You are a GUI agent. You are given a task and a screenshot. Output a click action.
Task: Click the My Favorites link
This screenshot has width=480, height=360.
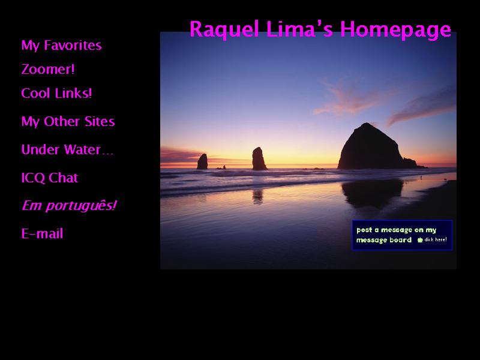(x=61, y=46)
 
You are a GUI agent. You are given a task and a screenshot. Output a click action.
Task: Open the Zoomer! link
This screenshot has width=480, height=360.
(x=48, y=69)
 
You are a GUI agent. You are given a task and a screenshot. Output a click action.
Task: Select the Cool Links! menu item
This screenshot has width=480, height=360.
(x=56, y=93)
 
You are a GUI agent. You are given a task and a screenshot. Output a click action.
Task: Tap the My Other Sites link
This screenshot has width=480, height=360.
(x=68, y=121)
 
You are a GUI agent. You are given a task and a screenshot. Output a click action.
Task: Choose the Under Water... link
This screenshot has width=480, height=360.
(x=67, y=149)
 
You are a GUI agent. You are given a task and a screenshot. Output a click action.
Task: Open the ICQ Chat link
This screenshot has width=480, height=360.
(x=50, y=178)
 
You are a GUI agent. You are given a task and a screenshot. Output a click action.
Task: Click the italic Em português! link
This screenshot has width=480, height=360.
(x=69, y=206)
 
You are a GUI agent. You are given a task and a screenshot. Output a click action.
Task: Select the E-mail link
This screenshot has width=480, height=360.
(x=42, y=233)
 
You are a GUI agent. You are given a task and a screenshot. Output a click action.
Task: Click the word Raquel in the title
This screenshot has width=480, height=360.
(x=224, y=29)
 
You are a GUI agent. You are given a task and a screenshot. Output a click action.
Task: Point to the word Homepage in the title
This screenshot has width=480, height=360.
(x=395, y=29)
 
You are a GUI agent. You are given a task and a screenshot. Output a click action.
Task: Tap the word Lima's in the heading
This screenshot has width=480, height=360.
(x=299, y=29)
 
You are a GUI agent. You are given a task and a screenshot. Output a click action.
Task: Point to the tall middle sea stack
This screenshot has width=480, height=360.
(x=259, y=158)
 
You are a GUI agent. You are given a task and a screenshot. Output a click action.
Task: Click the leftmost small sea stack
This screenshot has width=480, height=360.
(x=202, y=161)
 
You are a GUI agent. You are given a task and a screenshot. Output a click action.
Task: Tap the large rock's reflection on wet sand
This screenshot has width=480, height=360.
(x=372, y=193)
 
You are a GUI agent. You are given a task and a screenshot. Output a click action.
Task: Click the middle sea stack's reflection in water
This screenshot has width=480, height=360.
(x=258, y=197)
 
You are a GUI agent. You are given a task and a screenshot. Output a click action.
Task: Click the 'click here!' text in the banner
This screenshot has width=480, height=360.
(x=436, y=239)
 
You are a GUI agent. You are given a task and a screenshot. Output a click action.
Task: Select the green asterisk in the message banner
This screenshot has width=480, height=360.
(x=420, y=240)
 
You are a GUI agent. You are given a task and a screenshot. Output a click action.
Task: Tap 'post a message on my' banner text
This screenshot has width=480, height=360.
(x=397, y=230)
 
